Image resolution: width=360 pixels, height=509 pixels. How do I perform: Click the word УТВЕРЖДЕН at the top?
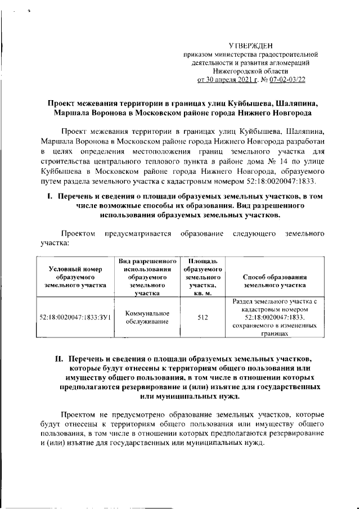251,45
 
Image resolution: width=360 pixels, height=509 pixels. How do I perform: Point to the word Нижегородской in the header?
238,71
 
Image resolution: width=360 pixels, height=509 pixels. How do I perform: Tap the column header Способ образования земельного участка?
274,281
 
